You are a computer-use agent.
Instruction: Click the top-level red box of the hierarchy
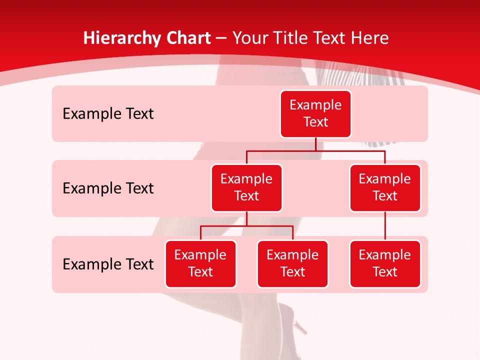(315, 113)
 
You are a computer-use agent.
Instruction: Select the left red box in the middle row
(246, 187)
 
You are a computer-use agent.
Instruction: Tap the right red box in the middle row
(385, 187)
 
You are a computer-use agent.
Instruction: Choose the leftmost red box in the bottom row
(200, 263)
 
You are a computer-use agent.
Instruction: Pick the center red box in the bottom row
(292, 263)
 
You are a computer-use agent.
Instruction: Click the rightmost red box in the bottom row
(385, 263)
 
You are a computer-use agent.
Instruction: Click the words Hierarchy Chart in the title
(147, 38)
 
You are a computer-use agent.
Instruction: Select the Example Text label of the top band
(108, 113)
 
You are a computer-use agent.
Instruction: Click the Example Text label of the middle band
(108, 188)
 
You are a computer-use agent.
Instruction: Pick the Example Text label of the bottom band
(108, 264)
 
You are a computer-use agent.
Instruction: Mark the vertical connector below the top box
(315, 144)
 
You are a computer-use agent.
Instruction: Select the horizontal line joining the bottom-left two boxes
(246, 226)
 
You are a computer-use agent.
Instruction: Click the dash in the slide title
(221, 38)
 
